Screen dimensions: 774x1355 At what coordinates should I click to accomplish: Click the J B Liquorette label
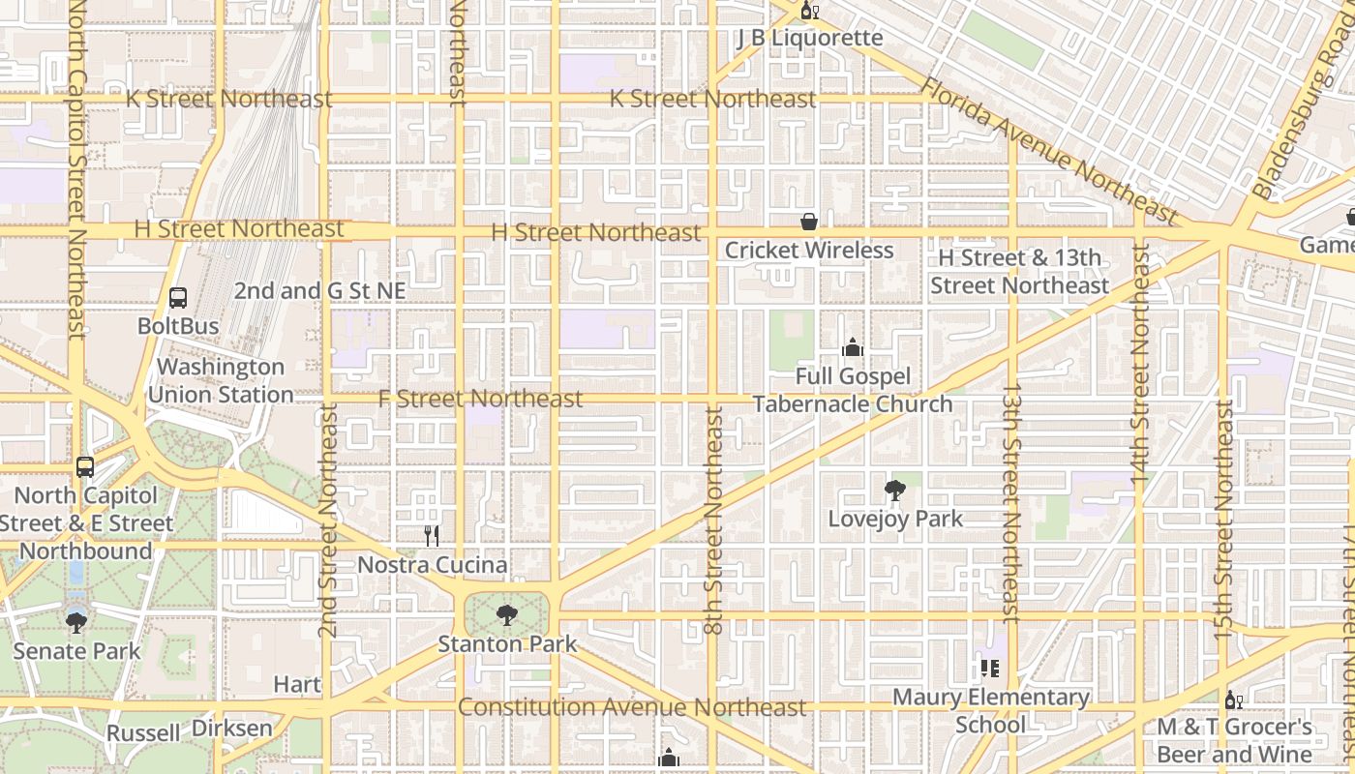809,38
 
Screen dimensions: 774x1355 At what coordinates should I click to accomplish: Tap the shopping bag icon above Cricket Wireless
809,223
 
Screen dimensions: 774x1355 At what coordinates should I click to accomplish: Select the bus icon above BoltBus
178,298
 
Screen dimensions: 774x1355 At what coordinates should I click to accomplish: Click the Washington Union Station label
221,381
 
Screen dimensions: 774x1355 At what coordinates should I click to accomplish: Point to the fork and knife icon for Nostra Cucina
432,536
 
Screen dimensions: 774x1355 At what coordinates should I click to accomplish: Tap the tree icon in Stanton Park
506,615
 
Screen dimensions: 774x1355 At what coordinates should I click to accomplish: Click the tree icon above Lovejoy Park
895,491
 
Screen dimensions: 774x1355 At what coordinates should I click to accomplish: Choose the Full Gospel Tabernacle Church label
853,390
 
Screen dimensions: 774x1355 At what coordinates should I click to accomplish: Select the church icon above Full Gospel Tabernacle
853,346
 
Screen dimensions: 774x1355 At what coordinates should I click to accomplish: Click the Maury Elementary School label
991,710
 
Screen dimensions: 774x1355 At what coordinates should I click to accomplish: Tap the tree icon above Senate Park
76,622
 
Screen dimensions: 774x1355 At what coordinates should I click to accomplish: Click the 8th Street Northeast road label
714,521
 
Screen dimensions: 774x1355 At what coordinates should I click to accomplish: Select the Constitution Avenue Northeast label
632,707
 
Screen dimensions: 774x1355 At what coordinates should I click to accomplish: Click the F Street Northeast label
480,399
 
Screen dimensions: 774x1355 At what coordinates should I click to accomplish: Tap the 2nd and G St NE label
319,290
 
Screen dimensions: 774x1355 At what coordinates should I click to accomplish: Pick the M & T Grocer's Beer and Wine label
1235,740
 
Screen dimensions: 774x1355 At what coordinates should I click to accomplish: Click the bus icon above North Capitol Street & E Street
85,467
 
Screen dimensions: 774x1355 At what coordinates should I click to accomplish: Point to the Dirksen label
232,728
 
